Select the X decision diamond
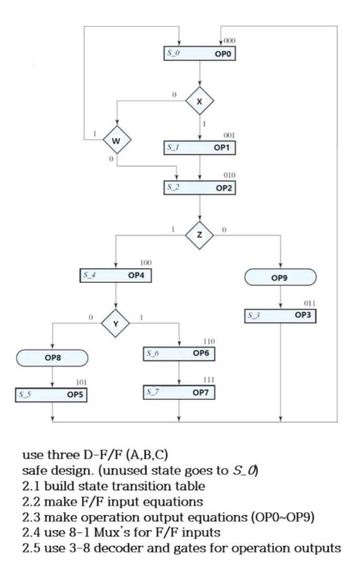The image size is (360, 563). click(x=200, y=101)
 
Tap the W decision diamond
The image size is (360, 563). click(x=116, y=141)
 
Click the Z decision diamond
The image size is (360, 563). click(x=200, y=235)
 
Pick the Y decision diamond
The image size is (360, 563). click(x=116, y=322)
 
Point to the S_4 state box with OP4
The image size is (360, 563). click(x=116, y=275)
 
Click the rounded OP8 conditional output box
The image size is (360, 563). click(x=53, y=358)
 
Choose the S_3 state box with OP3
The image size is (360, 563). click(x=281, y=316)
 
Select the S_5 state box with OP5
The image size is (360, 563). click(x=52, y=394)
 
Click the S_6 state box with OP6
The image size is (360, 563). click(x=179, y=353)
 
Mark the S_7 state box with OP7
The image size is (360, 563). click(x=179, y=391)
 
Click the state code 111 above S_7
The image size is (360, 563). click(x=209, y=379)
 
